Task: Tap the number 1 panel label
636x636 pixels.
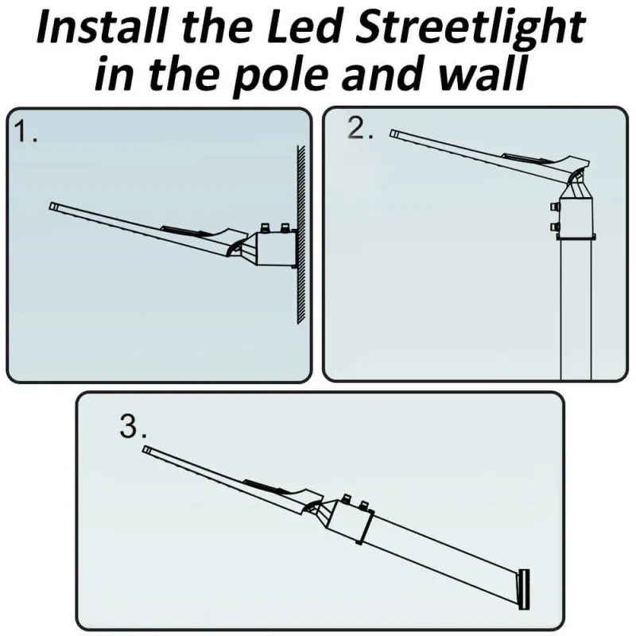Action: (26, 132)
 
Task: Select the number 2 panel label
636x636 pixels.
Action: (361, 129)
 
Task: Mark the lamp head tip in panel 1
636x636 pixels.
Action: (53, 206)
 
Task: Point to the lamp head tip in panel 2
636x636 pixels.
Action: (394, 133)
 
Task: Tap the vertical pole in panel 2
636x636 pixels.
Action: (577, 310)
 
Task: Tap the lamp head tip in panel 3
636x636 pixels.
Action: (147, 450)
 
